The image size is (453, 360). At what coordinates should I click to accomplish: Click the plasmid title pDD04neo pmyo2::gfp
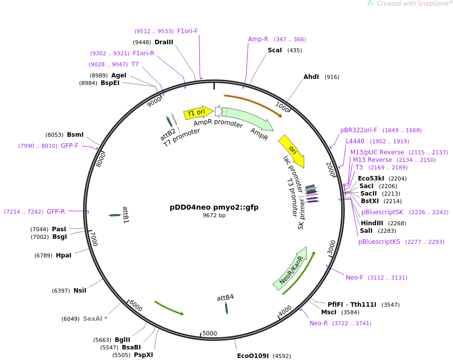coord(214,207)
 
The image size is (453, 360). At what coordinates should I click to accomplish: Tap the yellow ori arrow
coord(292,151)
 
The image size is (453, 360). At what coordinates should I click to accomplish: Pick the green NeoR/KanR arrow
coord(291,268)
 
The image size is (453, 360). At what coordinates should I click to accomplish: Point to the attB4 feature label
coord(225,298)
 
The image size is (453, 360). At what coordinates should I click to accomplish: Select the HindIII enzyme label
coord(372,223)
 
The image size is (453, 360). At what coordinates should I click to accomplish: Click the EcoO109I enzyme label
coord(253,356)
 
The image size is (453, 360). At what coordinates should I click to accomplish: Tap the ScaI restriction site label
coord(274,50)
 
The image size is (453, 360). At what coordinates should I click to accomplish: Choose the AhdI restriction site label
coord(311,77)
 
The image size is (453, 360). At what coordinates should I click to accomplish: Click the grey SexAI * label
coord(95,319)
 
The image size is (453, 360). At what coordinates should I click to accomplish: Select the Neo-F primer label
coord(354,278)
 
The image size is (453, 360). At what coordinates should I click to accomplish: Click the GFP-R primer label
coord(56,212)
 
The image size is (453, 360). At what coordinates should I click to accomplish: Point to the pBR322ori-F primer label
coord(358,130)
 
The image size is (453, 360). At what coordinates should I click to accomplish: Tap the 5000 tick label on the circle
coord(209,333)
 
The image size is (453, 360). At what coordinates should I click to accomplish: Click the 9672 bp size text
coord(214,215)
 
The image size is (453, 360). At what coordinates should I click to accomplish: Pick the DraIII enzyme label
coord(164,42)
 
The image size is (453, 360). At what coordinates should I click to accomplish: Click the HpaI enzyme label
coord(63,255)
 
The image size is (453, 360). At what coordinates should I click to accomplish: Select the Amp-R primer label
coord(258,39)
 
